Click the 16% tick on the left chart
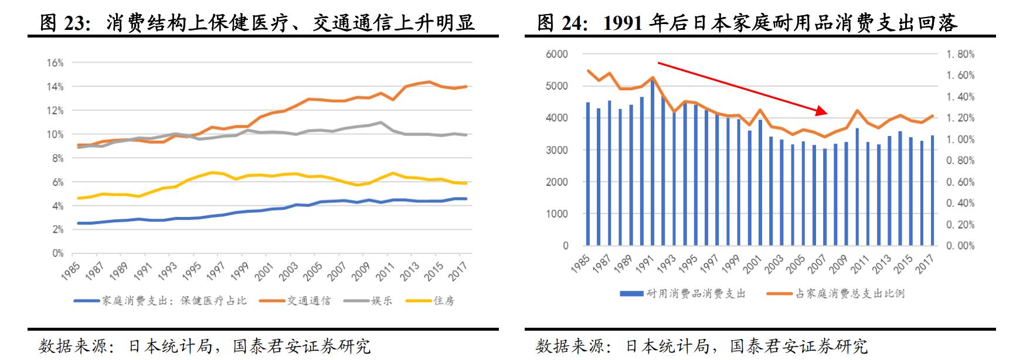[x=55, y=63]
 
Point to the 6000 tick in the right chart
[x=557, y=54]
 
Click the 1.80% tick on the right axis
[x=960, y=54]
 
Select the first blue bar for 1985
[x=588, y=174]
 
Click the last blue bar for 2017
[x=932, y=190]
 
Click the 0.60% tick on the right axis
[x=960, y=182]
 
